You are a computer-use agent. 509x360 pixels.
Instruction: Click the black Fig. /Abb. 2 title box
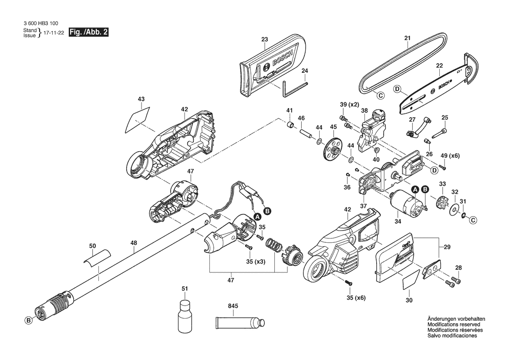[x=88, y=32]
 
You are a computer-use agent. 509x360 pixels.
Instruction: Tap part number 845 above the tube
[x=233, y=306]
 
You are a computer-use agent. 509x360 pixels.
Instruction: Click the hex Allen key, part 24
[x=294, y=88]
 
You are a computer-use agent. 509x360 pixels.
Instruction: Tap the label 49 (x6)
[x=450, y=156]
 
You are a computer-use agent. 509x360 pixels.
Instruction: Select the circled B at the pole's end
[x=29, y=320]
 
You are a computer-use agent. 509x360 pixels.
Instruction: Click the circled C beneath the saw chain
[x=380, y=95]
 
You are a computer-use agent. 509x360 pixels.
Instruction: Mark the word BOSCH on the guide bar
[x=444, y=85]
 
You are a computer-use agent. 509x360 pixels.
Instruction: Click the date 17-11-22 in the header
[x=54, y=33]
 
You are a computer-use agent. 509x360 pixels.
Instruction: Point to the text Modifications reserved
[x=454, y=324]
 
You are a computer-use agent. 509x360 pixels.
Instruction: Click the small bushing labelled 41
[x=290, y=125]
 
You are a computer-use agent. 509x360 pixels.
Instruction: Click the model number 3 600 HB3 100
[x=41, y=24]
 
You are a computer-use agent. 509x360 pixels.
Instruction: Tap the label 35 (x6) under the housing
[x=356, y=298]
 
